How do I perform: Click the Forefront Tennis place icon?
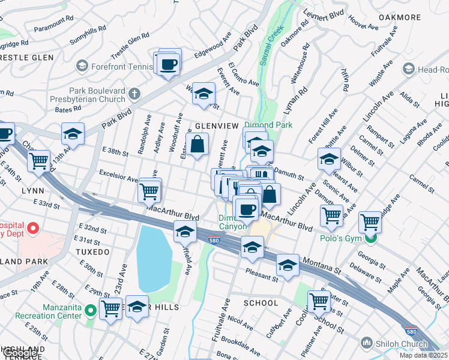[x=82, y=65]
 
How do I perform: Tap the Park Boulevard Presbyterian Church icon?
[x=133, y=94]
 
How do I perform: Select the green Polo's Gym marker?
[x=371, y=239]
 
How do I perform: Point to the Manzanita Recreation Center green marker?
[x=90, y=310]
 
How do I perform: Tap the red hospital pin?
[x=33, y=229]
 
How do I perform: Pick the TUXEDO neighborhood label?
[x=92, y=252]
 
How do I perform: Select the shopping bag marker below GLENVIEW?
[x=197, y=145]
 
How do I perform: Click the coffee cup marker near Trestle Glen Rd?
[x=169, y=63]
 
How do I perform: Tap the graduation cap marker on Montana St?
[x=288, y=266]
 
